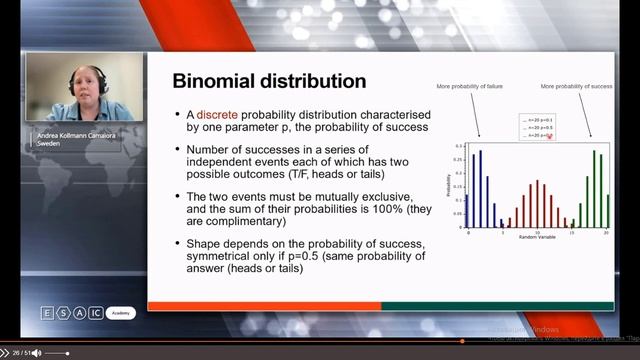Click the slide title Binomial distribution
pyautogui.click(x=269, y=81)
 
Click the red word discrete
pyautogui.click(x=218, y=114)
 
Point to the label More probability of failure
pyautogui.click(x=472, y=88)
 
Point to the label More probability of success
pyautogui.click(x=575, y=88)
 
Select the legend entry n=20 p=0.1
pyautogui.click(x=538, y=120)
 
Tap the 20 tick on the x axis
pyautogui.click(x=603, y=232)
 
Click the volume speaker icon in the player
pyautogui.click(x=36, y=353)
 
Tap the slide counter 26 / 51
pyautogui.click(x=15, y=353)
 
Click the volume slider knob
pyautogui.click(x=67, y=353)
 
